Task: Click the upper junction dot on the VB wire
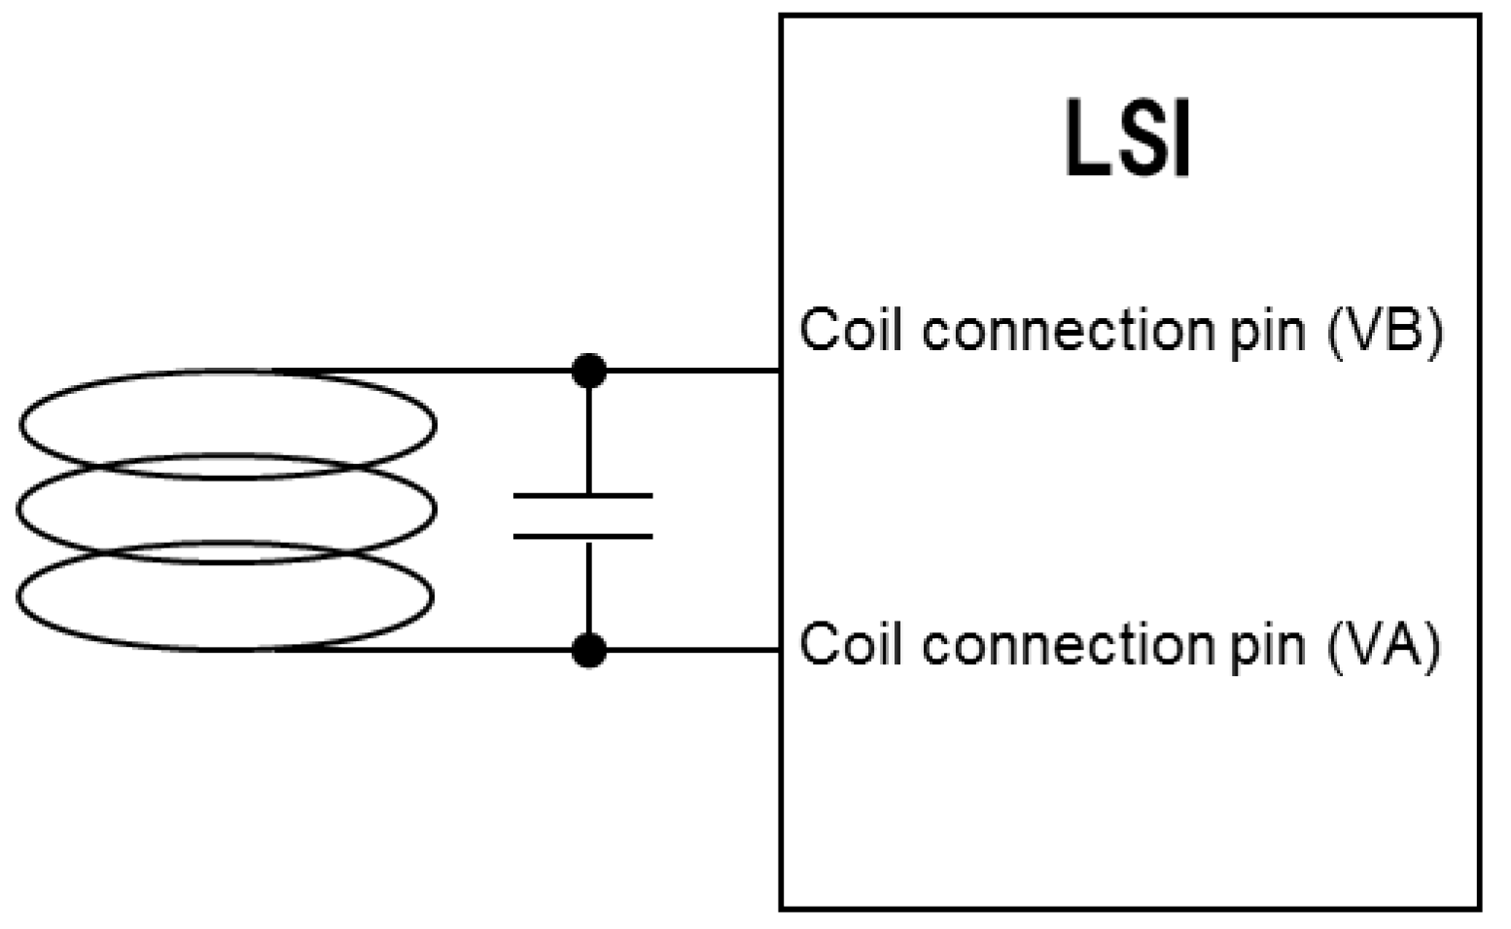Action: click(588, 371)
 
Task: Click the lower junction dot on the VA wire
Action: click(588, 650)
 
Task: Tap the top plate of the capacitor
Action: click(582, 496)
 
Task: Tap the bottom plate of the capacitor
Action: click(582, 536)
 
